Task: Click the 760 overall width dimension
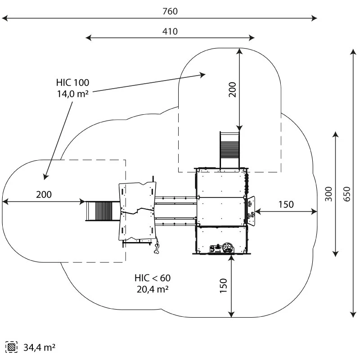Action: pos(170,11)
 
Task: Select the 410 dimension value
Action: pos(170,31)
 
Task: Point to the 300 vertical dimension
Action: pos(328,193)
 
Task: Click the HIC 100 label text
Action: pos(72,82)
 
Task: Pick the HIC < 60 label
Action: pos(152,278)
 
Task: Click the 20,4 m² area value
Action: pos(152,289)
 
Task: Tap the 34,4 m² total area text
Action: pos(39,347)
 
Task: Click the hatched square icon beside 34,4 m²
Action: pos(11,347)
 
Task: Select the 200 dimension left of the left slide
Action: pos(44,194)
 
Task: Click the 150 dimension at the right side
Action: pos(285,204)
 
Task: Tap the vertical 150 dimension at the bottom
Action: pos(224,285)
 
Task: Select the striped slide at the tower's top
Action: pos(229,149)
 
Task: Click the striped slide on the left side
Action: pos(102,211)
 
